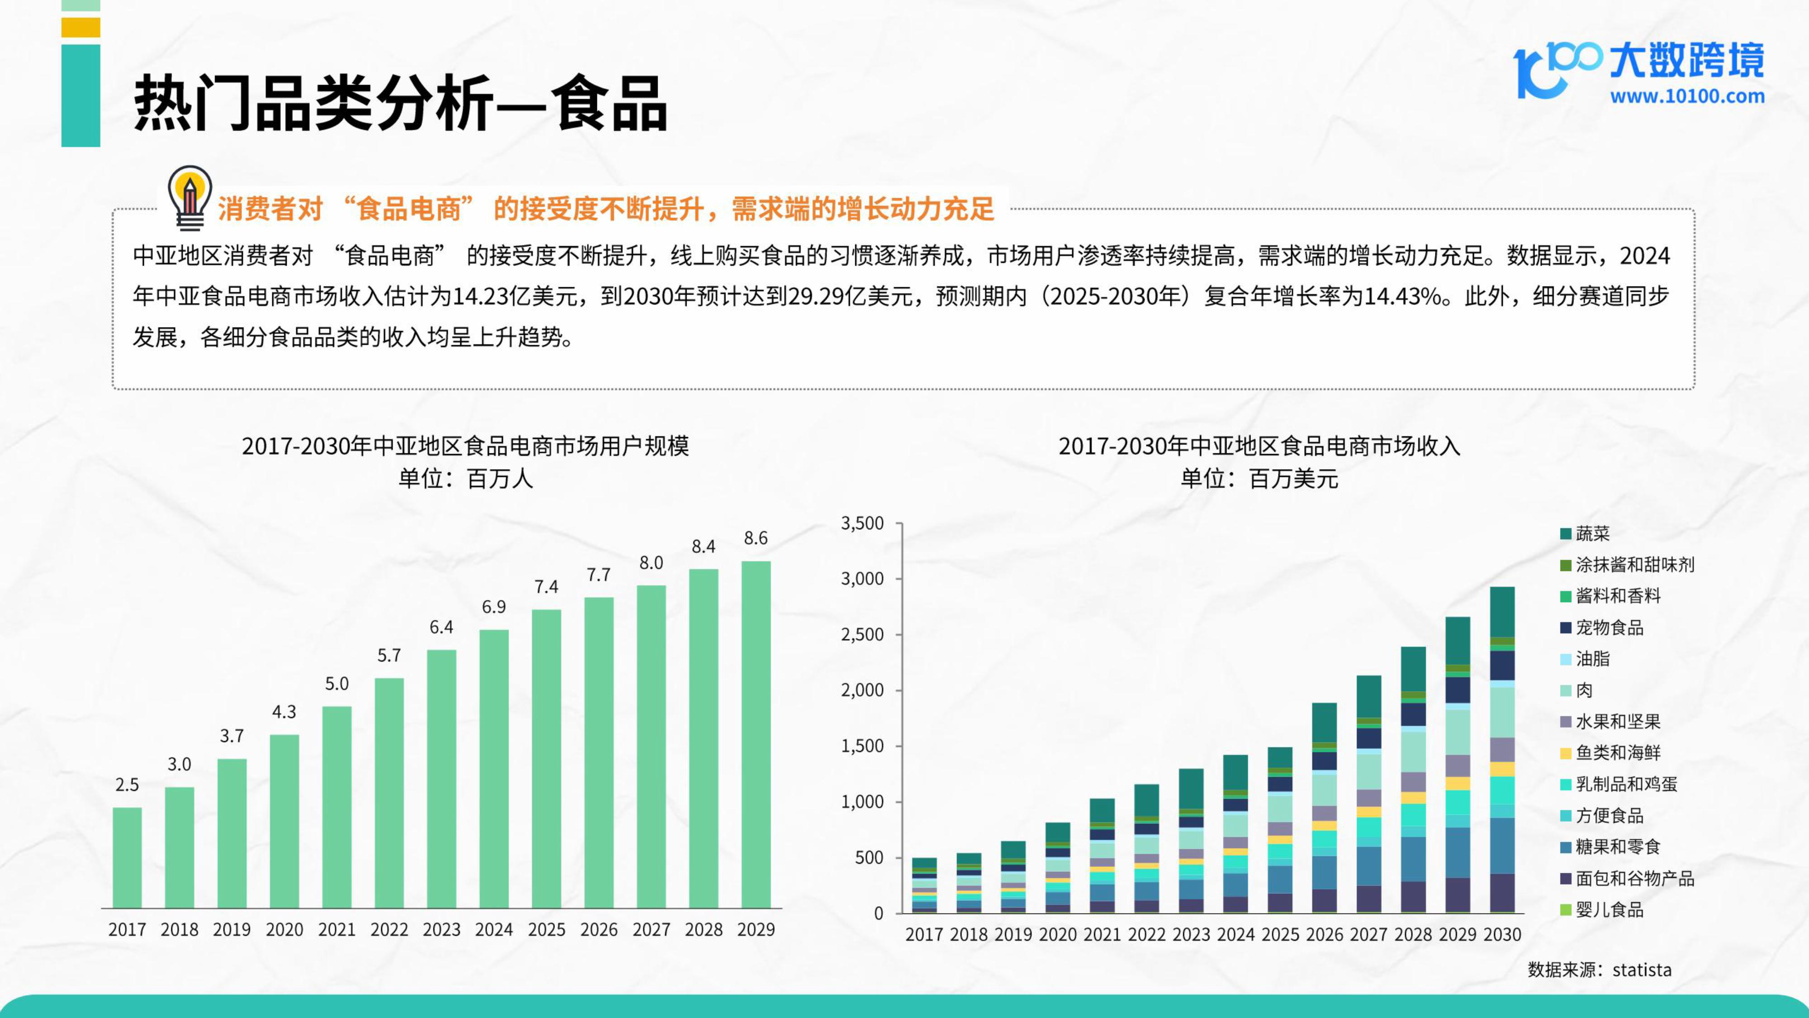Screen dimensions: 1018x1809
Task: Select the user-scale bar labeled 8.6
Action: point(756,734)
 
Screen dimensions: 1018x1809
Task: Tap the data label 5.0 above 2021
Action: point(336,684)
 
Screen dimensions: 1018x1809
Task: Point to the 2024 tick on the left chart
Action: point(494,929)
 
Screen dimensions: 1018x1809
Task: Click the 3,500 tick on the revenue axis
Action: point(862,523)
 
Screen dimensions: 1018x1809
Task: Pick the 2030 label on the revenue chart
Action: point(1502,934)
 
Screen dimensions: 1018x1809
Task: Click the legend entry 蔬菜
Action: point(1592,534)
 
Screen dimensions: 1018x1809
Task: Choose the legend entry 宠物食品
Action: point(1609,628)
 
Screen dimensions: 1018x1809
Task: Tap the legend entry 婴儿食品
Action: point(1609,910)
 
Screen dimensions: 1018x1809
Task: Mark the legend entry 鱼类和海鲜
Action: point(1617,753)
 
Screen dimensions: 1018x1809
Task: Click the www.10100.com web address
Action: point(1687,96)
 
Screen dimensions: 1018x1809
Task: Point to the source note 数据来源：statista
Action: point(1599,970)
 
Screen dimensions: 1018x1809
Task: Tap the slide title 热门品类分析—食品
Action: point(400,104)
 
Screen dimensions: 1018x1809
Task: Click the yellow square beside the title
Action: point(81,28)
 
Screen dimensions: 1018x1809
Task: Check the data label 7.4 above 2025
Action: point(546,587)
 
